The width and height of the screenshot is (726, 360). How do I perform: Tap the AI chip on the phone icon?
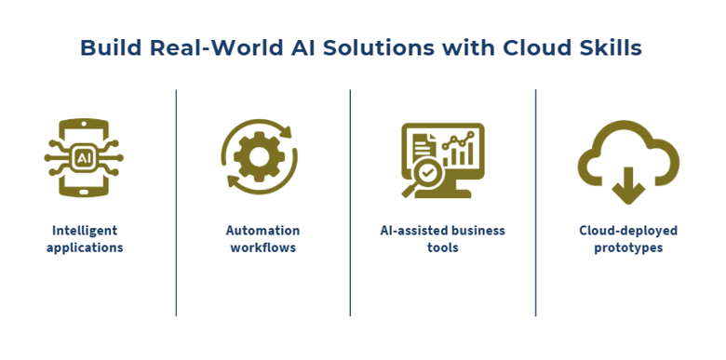click(x=84, y=158)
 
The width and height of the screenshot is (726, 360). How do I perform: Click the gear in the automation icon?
click(x=260, y=156)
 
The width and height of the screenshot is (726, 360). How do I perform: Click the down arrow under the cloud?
click(x=628, y=185)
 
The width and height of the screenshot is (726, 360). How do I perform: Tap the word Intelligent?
click(x=85, y=231)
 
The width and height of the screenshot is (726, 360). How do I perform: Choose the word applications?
click(x=85, y=247)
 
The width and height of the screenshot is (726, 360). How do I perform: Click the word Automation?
click(x=262, y=231)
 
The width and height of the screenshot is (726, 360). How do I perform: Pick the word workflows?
click(x=263, y=247)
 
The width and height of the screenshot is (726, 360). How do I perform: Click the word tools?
click(x=443, y=247)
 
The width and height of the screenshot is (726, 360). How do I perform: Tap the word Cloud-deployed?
click(x=628, y=231)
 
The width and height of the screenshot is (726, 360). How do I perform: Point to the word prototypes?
click(x=628, y=248)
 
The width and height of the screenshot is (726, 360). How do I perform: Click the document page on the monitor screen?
click(x=423, y=146)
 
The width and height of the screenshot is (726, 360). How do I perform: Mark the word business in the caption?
click(x=477, y=231)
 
